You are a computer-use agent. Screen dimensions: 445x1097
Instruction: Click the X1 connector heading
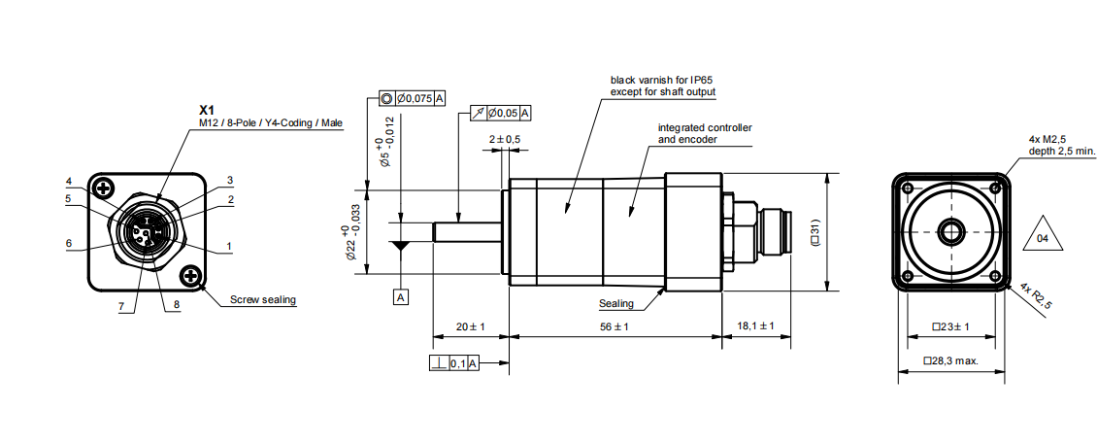tap(206, 110)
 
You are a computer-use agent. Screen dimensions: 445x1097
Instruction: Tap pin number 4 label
tap(69, 182)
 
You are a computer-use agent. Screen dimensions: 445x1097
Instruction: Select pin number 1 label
tap(230, 247)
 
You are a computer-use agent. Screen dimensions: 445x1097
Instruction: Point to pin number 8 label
tap(178, 304)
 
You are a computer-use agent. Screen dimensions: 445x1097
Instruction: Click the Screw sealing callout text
tap(263, 300)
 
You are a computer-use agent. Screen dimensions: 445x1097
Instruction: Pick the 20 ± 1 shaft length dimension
tap(471, 327)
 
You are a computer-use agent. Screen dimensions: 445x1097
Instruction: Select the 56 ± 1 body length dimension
tap(614, 327)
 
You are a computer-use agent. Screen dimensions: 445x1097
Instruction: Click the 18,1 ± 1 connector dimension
tap(755, 327)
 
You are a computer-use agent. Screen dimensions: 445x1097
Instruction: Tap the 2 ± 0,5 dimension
tap(505, 140)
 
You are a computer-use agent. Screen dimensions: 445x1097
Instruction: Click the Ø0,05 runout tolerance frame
tap(499, 113)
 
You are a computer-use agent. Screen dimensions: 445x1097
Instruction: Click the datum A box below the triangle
tap(401, 297)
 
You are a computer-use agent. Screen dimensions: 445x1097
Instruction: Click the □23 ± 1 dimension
tap(950, 327)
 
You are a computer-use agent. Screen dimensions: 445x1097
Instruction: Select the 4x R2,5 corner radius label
tap(1037, 297)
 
